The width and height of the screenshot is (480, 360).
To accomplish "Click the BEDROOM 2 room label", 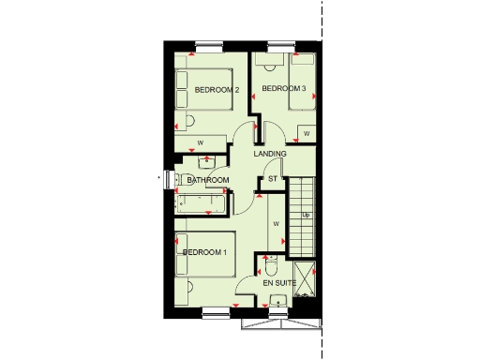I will coord(217,90).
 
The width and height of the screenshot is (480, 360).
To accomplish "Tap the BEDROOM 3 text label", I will coord(284,89).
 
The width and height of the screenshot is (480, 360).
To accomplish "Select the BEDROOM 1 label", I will coord(204,252).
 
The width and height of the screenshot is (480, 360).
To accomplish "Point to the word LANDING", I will coord(270,154).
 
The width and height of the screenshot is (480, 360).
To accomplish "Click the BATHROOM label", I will coord(207,180).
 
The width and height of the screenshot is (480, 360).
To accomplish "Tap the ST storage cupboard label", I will coord(273,178).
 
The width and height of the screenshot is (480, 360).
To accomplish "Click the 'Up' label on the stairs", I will coord(306,216).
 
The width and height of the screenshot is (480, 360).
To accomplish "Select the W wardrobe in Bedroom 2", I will coord(201,142).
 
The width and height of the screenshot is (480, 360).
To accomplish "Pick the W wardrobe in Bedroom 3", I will coord(306,134).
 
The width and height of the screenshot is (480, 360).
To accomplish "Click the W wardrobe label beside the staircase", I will coord(277,224).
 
